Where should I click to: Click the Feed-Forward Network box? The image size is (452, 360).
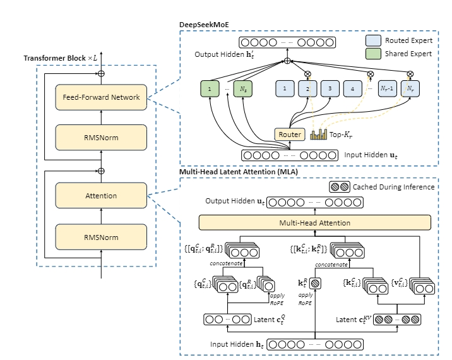pyautogui.click(x=101, y=97)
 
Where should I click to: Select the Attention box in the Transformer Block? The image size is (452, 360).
pyautogui.click(x=101, y=196)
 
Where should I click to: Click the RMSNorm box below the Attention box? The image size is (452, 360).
pyautogui.click(x=101, y=237)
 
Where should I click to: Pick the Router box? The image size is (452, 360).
pyautogui.click(x=289, y=134)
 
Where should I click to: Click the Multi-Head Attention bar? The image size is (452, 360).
pyautogui.click(x=315, y=222)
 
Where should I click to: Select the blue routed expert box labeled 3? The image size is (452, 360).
pyautogui.click(x=330, y=89)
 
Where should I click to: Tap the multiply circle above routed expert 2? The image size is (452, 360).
pyautogui.click(x=307, y=73)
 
